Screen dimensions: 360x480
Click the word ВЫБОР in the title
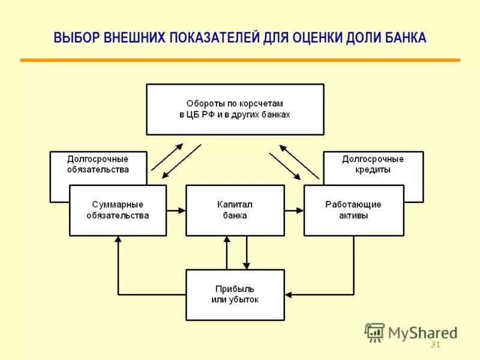[70, 38]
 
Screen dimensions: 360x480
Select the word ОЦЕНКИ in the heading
[318, 38]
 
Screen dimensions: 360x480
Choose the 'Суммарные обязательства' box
[118, 210]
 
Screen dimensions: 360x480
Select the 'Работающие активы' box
[353, 210]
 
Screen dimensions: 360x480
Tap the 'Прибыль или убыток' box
[235, 295]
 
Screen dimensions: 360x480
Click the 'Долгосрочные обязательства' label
[98, 164]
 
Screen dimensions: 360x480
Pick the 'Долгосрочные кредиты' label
[373, 164]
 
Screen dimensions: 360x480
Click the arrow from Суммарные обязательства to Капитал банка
[176, 211]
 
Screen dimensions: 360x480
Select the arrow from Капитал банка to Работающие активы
[294, 211]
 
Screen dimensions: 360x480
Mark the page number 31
[436, 345]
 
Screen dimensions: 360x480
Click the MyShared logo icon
[374, 332]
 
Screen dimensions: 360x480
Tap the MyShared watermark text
[421, 332]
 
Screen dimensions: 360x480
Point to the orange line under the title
[240, 60]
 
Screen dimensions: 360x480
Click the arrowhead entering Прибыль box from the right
[289, 295]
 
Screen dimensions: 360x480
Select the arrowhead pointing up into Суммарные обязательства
[118, 239]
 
